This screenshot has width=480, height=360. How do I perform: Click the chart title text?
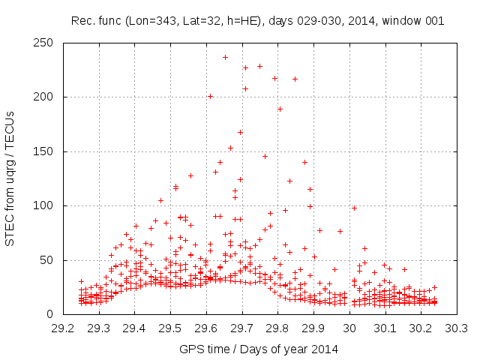point(257,21)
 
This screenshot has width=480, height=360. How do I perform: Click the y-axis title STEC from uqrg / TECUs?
point(10,178)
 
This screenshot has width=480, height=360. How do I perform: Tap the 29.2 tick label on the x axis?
point(63,328)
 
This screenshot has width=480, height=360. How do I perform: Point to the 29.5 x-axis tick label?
point(170,328)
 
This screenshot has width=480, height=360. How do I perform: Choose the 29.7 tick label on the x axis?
point(242,328)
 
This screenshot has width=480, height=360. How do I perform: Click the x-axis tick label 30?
point(349,328)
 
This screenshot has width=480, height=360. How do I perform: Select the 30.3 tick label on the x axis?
point(457,328)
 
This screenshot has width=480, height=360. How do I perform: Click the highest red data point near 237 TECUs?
point(225,57)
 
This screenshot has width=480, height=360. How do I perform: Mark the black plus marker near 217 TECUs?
point(295,79)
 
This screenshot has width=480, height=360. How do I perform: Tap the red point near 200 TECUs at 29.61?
point(210,96)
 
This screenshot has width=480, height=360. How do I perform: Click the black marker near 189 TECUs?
point(280,109)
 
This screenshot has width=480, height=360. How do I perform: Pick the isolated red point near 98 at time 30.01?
point(354,208)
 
